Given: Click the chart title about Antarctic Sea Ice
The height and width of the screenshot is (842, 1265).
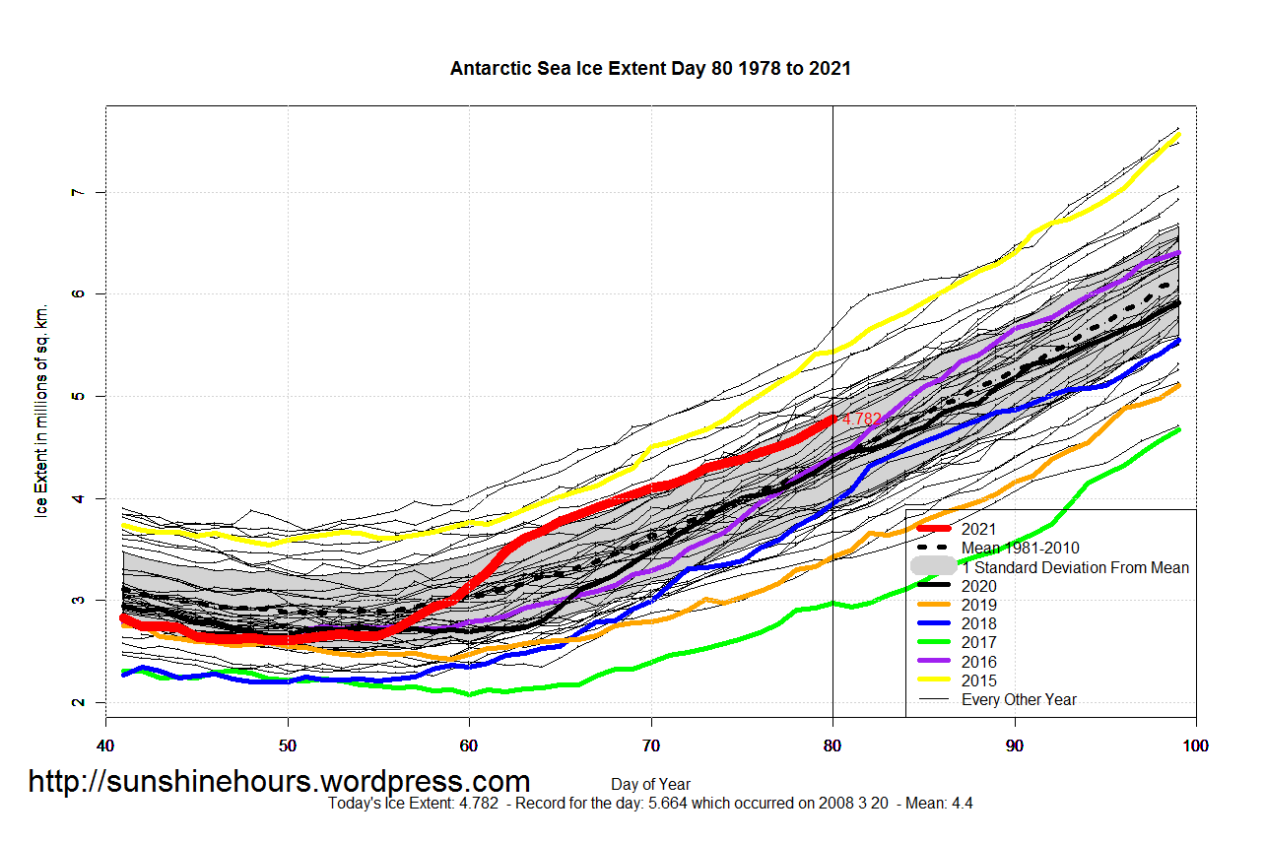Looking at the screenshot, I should (650, 69).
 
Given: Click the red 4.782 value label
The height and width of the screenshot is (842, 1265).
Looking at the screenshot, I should (862, 420).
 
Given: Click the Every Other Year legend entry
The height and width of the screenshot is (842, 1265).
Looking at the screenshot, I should (1019, 699).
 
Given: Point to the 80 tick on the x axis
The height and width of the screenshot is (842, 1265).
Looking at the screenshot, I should (832, 745).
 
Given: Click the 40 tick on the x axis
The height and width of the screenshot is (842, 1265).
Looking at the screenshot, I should (105, 745).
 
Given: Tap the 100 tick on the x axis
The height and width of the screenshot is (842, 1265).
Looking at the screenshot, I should (1196, 745).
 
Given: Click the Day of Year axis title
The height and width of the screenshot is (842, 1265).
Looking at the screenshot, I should (650, 785).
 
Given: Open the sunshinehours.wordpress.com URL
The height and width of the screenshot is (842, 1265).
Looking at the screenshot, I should (279, 781).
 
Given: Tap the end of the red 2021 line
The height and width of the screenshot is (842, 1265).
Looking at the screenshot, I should (832, 419).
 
